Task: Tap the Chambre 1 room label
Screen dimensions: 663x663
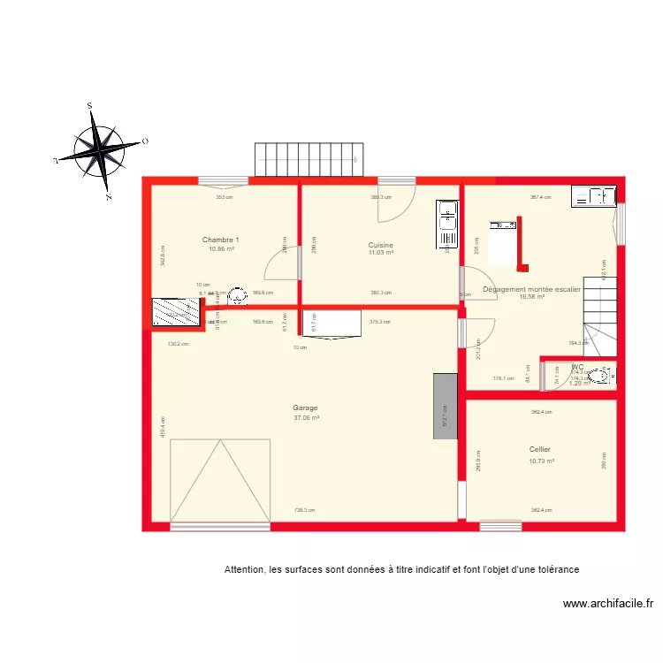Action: (x=221, y=240)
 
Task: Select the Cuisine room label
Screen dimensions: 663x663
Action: (x=381, y=245)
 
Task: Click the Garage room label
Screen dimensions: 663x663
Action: (x=306, y=408)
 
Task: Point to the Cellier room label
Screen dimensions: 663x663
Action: (x=540, y=449)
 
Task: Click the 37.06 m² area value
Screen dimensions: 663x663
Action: (x=306, y=418)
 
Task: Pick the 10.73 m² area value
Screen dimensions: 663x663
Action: (x=541, y=461)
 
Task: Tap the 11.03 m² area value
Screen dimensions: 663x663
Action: (x=381, y=254)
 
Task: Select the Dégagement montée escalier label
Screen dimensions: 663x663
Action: (x=533, y=288)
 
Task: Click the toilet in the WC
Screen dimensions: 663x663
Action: (x=604, y=377)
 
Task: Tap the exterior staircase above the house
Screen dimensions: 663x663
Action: (x=309, y=160)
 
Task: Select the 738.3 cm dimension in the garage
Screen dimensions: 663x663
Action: (x=304, y=510)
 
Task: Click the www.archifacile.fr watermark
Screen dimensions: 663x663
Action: (x=607, y=605)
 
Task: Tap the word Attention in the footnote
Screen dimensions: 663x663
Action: (x=244, y=569)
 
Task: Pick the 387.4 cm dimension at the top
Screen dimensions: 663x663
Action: (x=540, y=197)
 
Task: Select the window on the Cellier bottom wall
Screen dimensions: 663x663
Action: (x=500, y=526)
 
